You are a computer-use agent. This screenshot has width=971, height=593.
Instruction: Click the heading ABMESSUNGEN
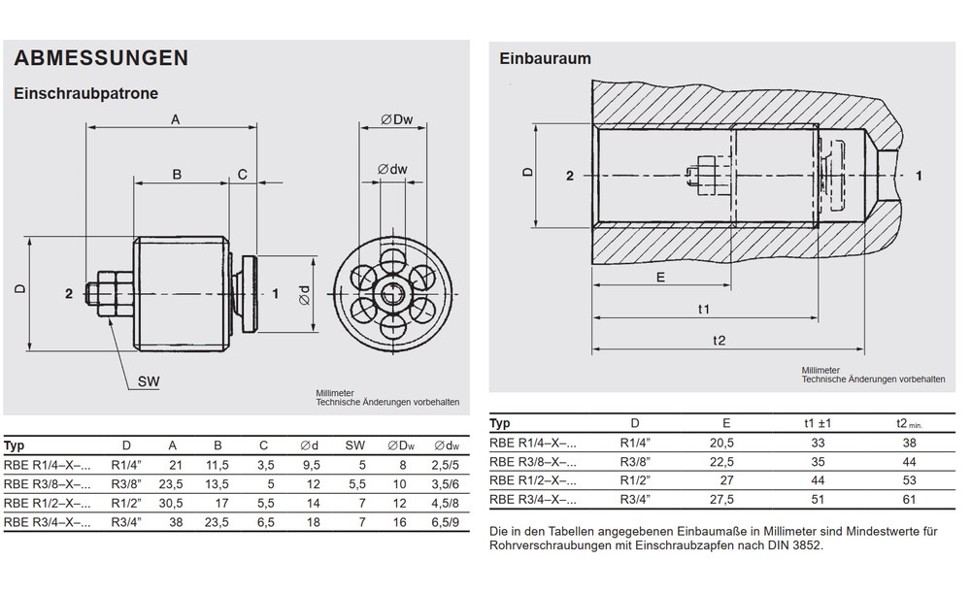[x=101, y=58]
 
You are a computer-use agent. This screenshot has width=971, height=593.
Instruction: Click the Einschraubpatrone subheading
[x=84, y=94]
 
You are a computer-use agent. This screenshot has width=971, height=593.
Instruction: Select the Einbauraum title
[x=545, y=58]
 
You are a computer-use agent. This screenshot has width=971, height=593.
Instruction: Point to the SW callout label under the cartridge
[x=148, y=382]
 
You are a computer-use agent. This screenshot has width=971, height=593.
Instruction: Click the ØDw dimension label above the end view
[x=397, y=119]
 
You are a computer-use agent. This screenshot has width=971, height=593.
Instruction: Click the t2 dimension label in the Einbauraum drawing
[x=719, y=340]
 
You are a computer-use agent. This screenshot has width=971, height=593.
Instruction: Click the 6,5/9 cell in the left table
[x=446, y=522]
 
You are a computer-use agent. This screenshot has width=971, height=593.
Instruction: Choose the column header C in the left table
[x=263, y=446]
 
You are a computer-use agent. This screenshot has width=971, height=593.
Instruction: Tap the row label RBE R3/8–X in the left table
[x=48, y=484]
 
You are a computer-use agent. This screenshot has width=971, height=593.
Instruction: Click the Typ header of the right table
[x=500, y=423]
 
